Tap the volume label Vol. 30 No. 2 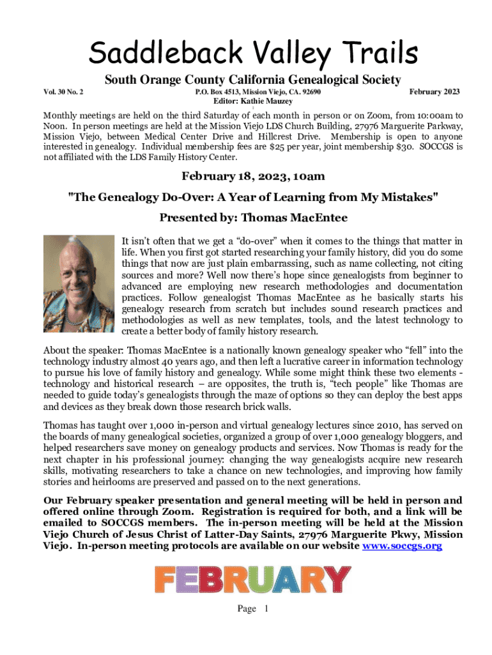pos(65,92)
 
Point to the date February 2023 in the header pos(434,92)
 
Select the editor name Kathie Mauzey pos(269,101)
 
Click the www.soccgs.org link pos(402,546)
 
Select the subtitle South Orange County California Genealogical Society pos(253,80)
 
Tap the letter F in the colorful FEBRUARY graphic pos(167,580)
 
